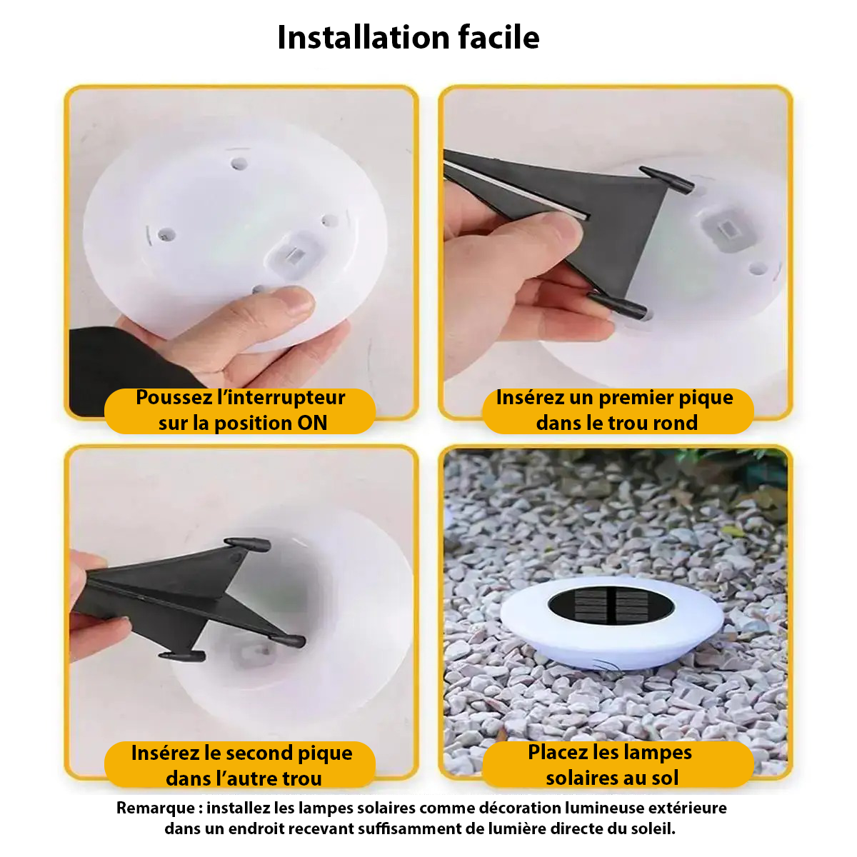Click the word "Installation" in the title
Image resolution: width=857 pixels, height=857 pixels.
(x=363, y=37)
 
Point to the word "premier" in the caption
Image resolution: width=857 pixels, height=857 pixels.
(x=631, y=398)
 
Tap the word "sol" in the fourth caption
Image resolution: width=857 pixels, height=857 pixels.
(x=664, y=778)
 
